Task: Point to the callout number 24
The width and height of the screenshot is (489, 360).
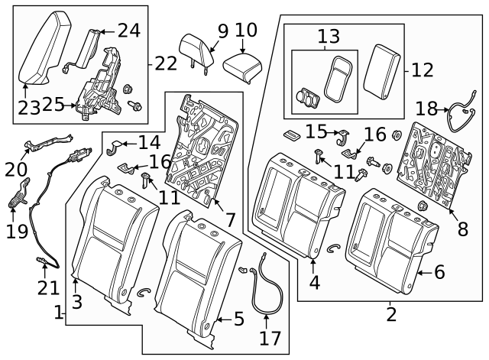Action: pyautogui.click(x=129, y=31)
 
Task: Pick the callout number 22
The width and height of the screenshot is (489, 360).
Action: pyautogui.click(x=165, y=63)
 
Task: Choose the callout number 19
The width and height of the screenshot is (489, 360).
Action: pyautogui.click(x=15, y=229)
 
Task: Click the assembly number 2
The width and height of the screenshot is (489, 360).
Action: pyautogui.click(x=391, y=313)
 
